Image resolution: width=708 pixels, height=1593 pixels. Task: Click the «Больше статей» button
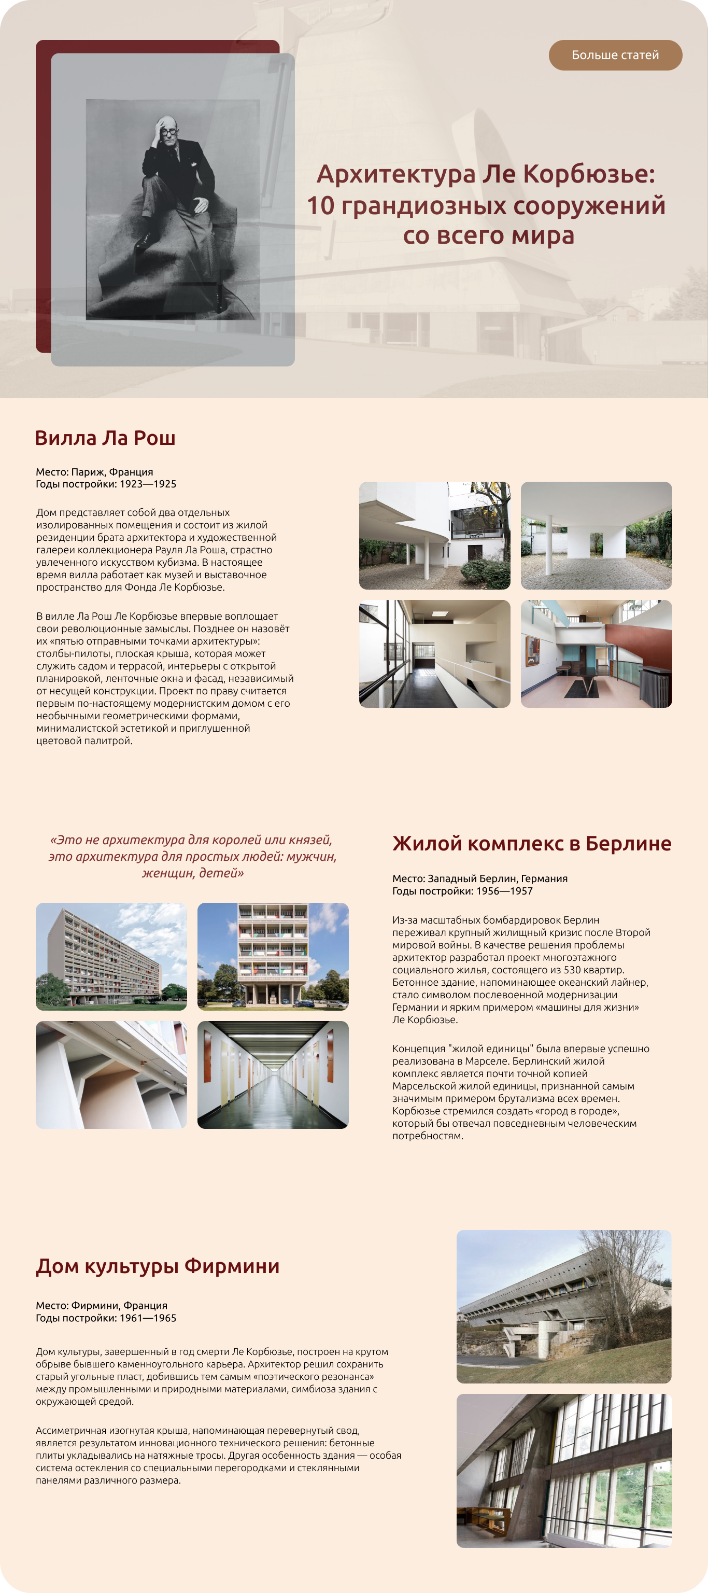(x=615, y=55)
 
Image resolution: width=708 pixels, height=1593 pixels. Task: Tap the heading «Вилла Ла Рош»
(x=105, y=438)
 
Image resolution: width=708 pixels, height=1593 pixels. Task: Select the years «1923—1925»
(x=148, y=484)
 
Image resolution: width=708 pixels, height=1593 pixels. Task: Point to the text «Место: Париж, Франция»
(x=95, y=472)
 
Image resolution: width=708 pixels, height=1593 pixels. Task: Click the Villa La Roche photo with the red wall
(x=596, y=654)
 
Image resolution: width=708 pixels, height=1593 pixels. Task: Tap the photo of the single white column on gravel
(x=596, y=536)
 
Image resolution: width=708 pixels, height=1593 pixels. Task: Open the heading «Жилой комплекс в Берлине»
(x=532, y=844)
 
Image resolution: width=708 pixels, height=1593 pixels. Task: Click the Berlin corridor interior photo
(x=273, y=1075)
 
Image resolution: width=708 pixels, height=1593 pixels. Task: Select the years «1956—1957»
(x=504, y=891)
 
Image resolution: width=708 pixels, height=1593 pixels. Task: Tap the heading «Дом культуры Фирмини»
(x=158, y=1266)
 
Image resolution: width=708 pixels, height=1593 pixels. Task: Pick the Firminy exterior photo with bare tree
(x=563, y=1307)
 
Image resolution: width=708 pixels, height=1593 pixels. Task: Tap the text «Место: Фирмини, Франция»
(x=102, y=1305)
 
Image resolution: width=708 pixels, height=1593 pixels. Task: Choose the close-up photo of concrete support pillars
(x=111, y=1075)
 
